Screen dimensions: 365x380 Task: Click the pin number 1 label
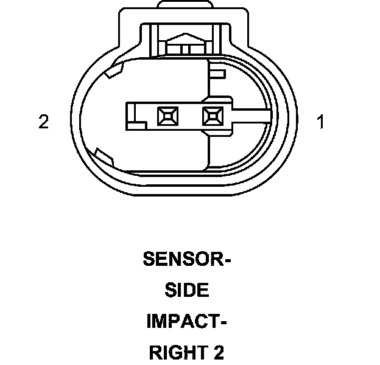click(320, 122)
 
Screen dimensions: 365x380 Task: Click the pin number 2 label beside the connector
click(43, 122)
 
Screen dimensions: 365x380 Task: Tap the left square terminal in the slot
click(165, 115)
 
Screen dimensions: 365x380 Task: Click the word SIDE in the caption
click(187, 291)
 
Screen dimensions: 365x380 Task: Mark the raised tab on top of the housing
click(186, 5)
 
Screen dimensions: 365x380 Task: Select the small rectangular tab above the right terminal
click(217, 74)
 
